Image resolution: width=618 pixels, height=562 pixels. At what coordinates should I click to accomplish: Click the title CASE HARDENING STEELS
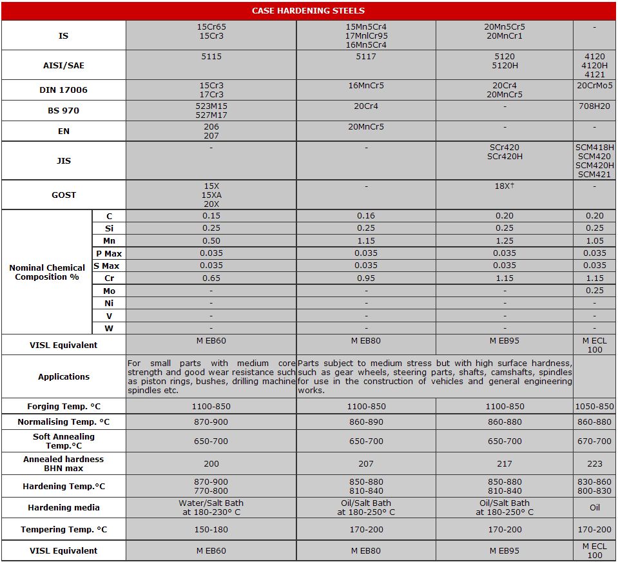pos(308,10)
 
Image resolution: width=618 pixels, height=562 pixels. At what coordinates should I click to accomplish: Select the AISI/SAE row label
pos(63,66)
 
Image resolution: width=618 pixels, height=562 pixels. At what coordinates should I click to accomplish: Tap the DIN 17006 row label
pos(63,90)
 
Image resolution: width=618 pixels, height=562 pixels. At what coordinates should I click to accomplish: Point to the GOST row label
pos(63,195)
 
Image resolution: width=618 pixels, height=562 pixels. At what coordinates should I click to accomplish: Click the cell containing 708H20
pos(594,106)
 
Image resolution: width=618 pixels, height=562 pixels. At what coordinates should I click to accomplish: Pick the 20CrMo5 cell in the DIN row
pos(594,86)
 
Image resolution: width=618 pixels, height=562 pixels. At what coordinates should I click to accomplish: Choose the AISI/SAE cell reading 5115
pos(211,57)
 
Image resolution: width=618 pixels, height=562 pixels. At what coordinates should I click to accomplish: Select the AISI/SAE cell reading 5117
pos(366,57)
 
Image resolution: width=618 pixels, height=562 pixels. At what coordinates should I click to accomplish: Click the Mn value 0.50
pos(211,241)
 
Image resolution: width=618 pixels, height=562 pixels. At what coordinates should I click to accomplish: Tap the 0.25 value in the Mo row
pos(594,291)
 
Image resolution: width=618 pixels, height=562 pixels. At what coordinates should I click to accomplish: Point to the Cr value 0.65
pos(211,278)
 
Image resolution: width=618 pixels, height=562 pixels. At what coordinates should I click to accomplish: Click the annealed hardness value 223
pos(594,463)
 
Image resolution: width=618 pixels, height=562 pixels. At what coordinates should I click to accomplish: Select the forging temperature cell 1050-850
pos(594,407)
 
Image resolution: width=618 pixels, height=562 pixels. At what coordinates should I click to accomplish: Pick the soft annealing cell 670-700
pos(594,441)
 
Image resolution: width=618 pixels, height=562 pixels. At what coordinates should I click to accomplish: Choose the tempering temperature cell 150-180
pos(211,530)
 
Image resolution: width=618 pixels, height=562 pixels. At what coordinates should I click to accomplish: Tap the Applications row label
pos(63,376)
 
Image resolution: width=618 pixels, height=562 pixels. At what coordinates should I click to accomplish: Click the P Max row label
pos(109,254)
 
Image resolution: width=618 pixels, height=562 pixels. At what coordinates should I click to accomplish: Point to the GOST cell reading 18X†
pos(505,186)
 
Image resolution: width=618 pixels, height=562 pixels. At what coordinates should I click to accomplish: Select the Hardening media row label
pos(63,508)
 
